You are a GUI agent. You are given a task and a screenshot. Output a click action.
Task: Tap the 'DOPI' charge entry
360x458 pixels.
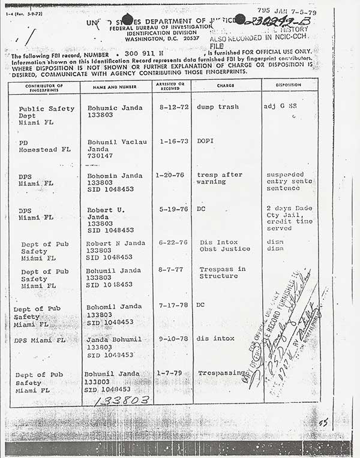206,141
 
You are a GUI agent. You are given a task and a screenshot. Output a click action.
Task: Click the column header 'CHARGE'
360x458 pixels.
225,86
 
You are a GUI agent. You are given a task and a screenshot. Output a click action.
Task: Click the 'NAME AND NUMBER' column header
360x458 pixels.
116,86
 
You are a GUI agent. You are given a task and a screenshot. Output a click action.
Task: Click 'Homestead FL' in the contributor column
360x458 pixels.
44,149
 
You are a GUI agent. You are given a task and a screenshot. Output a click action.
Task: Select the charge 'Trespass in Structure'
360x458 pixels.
222,273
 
